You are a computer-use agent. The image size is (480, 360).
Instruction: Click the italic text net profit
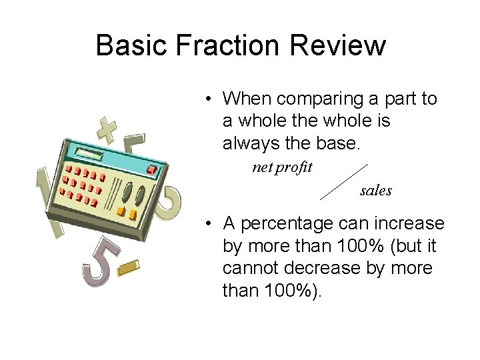click(x=282, y=167)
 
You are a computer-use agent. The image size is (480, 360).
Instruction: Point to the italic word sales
click(x=376, y=191)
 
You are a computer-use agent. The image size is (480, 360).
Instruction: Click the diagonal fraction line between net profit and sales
click(x=344, y=181)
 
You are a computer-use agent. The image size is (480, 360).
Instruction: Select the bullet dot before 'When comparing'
click(x=209, y=99)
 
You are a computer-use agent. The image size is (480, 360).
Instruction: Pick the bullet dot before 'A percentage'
click(x=209, y=223)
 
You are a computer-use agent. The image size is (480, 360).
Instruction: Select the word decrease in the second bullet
click(x=329, y=268)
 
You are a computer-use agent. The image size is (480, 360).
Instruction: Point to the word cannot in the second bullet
click(x=251, y=268)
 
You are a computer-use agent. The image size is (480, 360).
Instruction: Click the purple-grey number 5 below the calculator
click(x=100, y=263)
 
